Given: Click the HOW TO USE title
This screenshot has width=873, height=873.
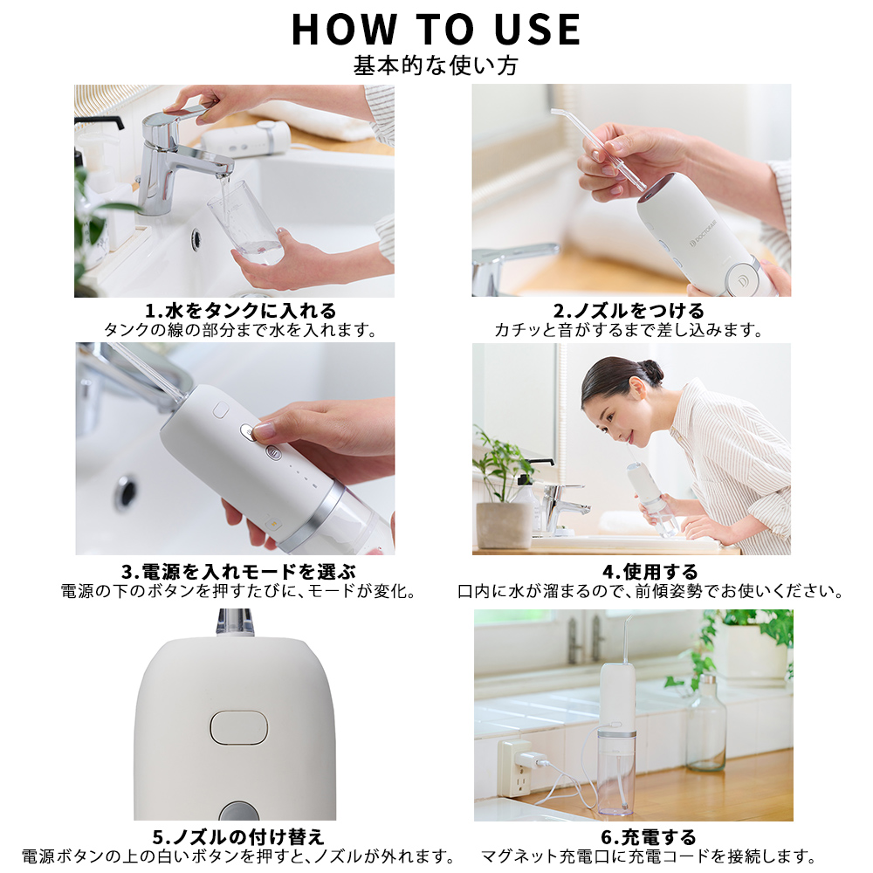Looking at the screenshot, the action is (x=436, y=30).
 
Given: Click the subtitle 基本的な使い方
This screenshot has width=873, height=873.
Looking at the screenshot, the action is (x=436, y=65).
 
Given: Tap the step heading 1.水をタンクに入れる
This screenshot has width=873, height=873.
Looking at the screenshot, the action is (x=241, y=311).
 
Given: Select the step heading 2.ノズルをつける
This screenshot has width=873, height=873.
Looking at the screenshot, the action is (x=629, y=311).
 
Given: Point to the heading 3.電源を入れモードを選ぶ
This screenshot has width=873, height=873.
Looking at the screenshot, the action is (x=239, y=572).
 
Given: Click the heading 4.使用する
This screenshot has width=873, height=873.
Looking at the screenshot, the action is (x=650, y=572).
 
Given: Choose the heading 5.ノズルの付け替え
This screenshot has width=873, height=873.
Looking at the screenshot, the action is (x=237, y=837).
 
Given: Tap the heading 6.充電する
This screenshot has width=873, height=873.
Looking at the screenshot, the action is (x=649, y=837).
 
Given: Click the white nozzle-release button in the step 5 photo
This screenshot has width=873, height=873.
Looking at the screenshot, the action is (x=239, y=728).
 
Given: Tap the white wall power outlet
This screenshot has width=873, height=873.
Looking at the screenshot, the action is (x=516, y=767).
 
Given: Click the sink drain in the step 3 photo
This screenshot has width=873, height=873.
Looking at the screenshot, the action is (x=127, y=492).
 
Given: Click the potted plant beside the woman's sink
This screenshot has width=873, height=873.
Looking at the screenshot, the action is (x=502, y=489).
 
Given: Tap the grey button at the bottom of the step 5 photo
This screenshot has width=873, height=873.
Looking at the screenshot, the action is (x=239, y=811).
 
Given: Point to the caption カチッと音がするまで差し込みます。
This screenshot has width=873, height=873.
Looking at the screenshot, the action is (x=629, y=330).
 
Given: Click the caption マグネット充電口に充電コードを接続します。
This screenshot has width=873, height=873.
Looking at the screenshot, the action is (x=649, y=856).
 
